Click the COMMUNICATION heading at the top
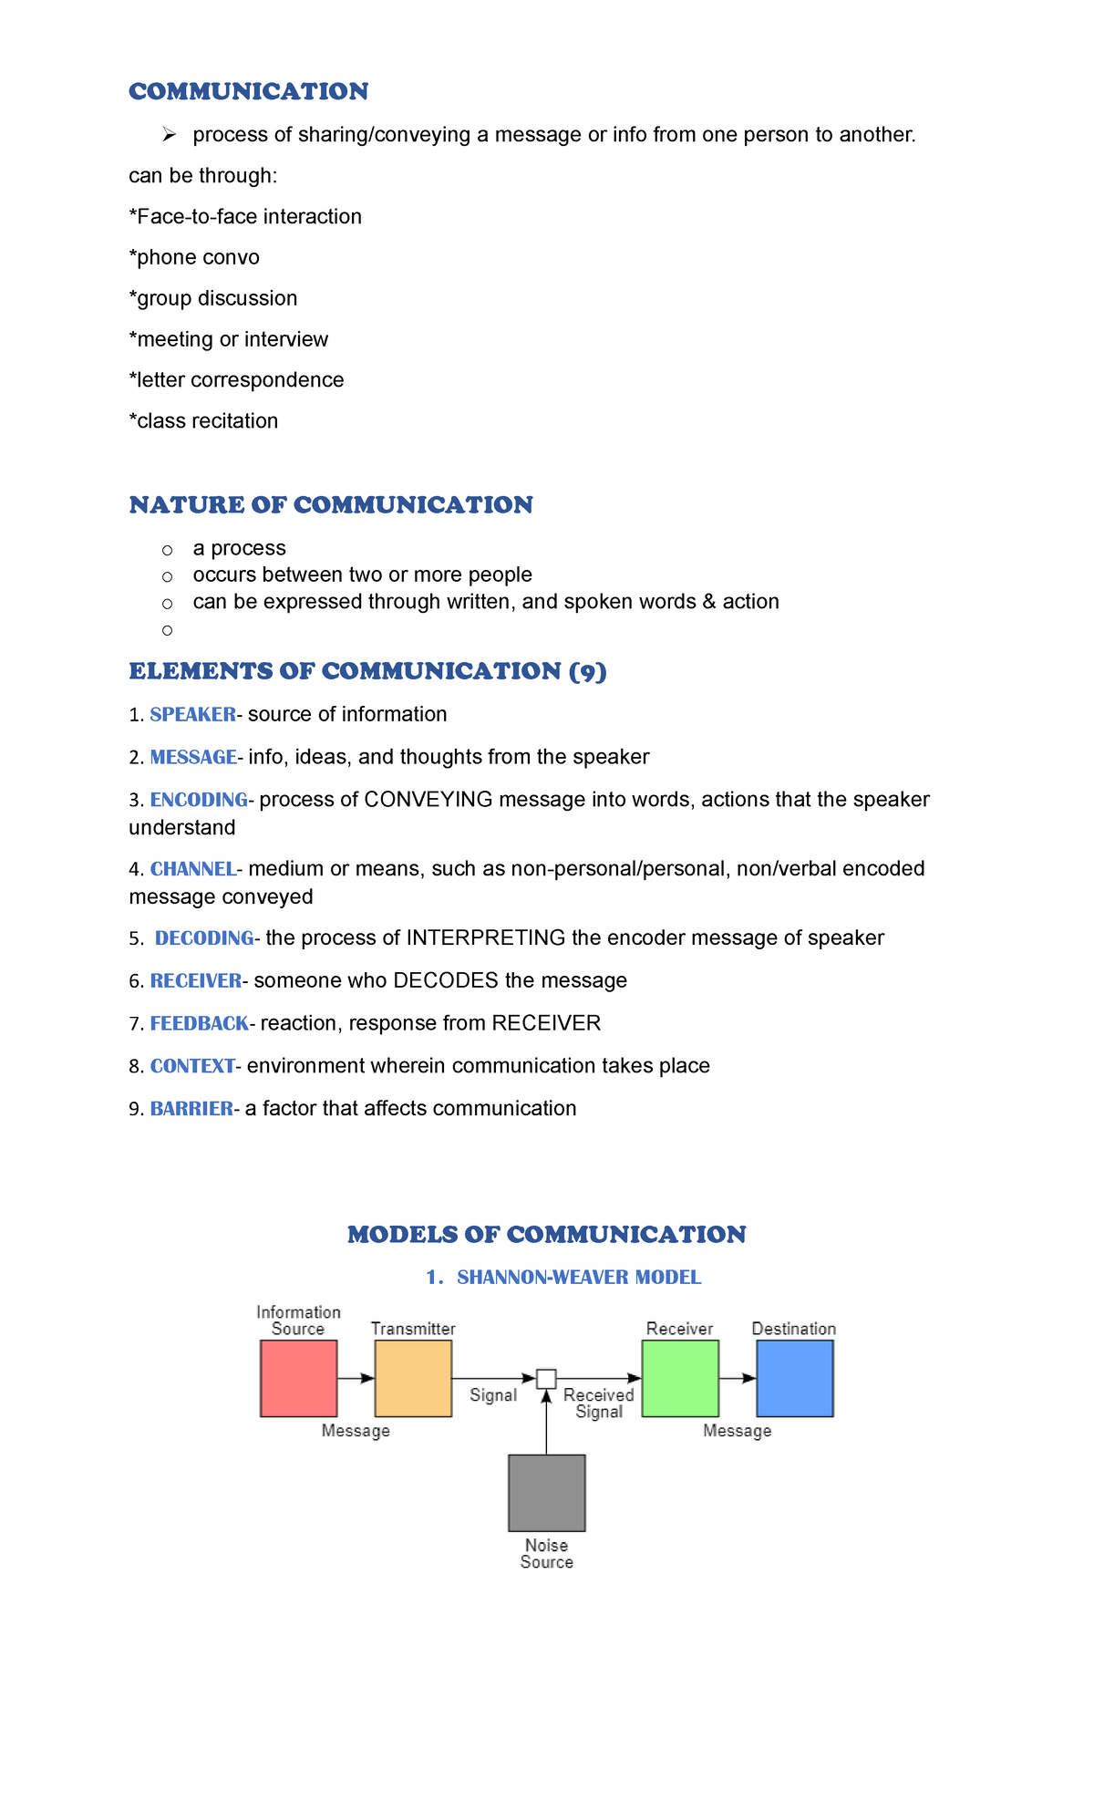(248, 91)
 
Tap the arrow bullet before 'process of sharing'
(169, 135)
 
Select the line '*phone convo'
(194, 257)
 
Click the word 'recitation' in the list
(234, 421)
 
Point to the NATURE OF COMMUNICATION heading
(331, 504)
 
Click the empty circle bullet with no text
(167, 630)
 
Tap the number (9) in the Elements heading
(587, 671)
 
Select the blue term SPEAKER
(192, 714)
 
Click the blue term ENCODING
(199, 800)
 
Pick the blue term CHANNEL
(192, 869)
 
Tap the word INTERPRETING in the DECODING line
(486, 938)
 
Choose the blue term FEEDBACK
(199, 1023)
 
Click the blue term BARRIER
(191, 1109)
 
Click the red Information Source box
(298, 1378)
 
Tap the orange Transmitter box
(413, 1378)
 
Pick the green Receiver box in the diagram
(680, 1378)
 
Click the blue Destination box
(795, 1378)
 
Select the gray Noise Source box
(547, 1493)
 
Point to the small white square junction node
(546, 1378)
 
